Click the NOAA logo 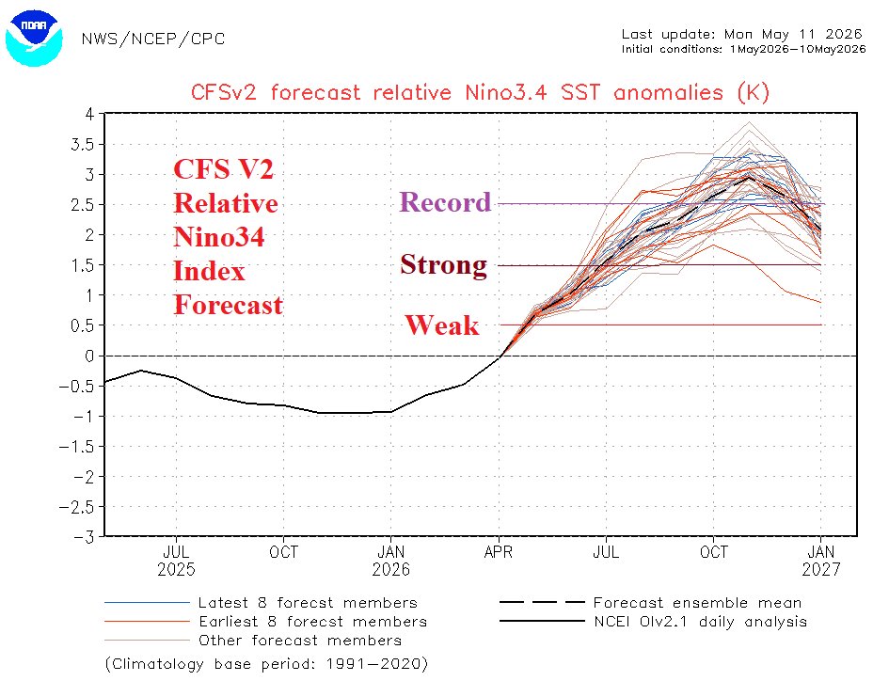pyautogui.click(x=34, y=38)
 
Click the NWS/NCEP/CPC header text pyautogui.click(x=153, y=39)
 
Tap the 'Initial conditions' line pyautogui.click(x=744, y=49)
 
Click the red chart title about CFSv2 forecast pyautogui.click(x=480, y=92)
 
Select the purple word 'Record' pyautogui.click(x=445, y=201)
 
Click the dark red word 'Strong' pyautogui.click(x=444, y=265)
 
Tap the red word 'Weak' pyautogui.click(x=442, y=325)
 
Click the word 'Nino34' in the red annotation pyautogui.click(x=219, y=237)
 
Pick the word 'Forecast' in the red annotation pyautogui.click(x=229, y=305)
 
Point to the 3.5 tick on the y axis pyautogui.click(x=83, y=144)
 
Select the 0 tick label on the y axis pyautogui.click(x=89, y=356)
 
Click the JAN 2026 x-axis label pyautogui.click(x=390, y=561)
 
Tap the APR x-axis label pyautogui.click(x=499, y=552)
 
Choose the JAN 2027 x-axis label pyautogui.click(x=820, y=561)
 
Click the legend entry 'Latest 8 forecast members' pyautogui.click(x=262, y=603)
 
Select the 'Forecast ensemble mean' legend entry pyautogui.click(x=651, y=603)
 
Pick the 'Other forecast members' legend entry pyautogui.click(x=253, y=641)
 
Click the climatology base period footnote pyautogui.click(x=266, y=664)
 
